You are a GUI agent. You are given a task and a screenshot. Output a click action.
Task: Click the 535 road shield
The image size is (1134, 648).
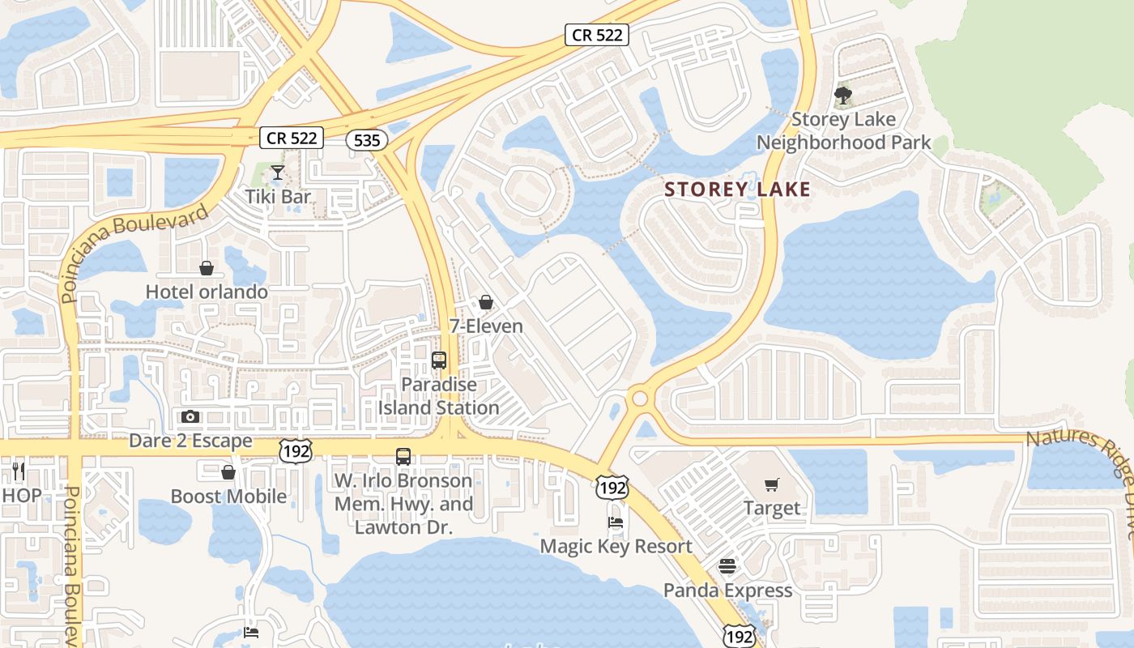[367, 140]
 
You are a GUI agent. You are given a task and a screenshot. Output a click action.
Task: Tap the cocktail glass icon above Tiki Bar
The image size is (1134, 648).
[278, 173]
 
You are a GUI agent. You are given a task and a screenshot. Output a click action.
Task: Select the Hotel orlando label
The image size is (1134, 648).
[207, 292]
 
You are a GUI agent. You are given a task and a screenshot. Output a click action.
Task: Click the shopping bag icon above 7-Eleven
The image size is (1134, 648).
[486, 303]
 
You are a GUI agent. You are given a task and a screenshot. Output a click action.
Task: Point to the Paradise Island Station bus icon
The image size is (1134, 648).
[439, 360]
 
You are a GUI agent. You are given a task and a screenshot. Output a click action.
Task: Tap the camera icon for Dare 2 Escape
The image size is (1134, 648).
[190, 417]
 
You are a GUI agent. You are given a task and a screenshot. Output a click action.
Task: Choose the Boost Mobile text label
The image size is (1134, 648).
[228, 496]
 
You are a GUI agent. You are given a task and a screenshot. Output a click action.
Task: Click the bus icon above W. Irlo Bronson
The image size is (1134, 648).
[403, 457]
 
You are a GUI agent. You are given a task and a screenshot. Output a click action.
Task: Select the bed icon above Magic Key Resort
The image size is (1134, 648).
[616, 522]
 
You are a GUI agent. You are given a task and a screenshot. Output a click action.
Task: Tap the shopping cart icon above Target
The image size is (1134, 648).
[772, 485]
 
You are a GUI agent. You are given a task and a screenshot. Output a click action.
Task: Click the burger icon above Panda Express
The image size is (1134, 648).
[727, 566]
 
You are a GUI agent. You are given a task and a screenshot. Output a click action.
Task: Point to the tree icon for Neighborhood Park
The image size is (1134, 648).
[843, 96]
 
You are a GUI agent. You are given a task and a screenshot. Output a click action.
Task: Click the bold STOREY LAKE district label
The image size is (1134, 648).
[737, 190]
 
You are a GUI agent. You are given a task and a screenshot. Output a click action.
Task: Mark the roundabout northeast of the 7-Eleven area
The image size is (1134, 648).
[640, 398]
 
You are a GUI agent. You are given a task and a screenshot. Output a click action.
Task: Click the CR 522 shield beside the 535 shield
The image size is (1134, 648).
[292, 138]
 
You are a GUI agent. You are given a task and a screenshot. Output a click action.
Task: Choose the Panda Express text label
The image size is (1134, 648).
[727, 590]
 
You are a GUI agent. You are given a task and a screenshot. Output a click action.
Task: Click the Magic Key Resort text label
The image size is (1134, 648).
[616, 546]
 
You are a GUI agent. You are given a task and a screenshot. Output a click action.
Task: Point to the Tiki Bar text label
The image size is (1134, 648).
[279, 196]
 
